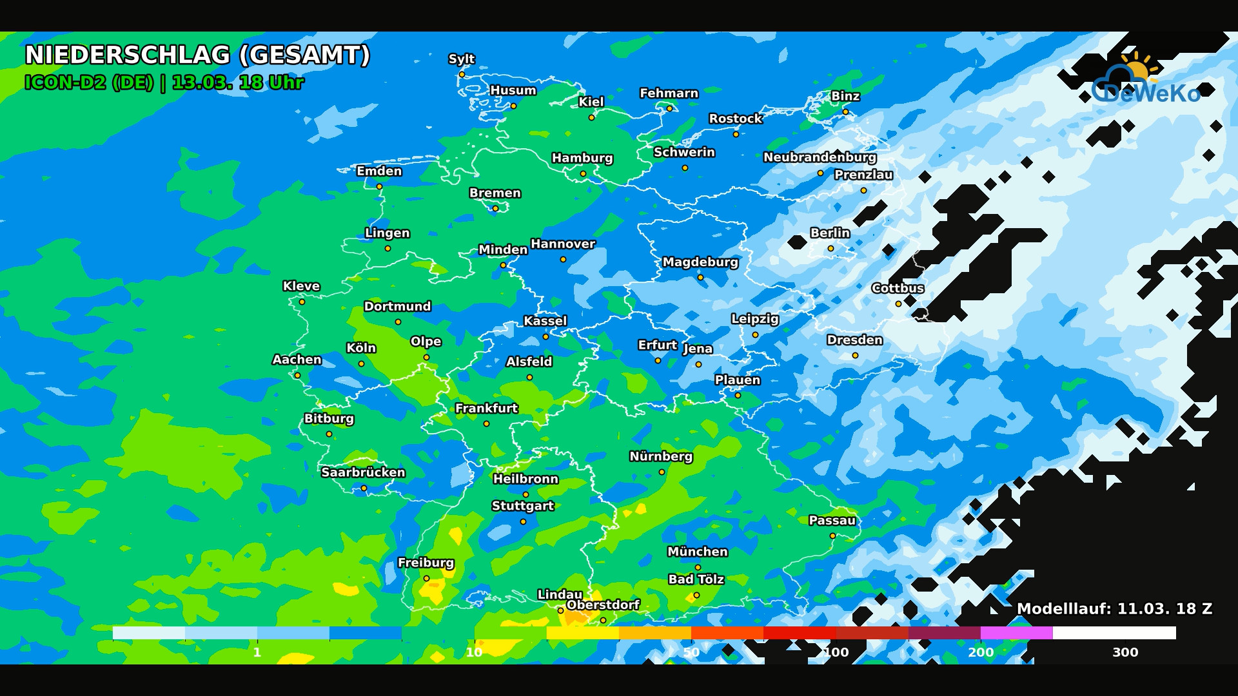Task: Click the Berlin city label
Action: point(830,233)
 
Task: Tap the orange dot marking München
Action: point(698,567)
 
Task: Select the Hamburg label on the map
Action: point(582,158)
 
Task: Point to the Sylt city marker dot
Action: point(462,75)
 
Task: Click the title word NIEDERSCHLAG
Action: point(128,55)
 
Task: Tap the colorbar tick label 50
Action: point(691,652)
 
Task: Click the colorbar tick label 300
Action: point(1125,652)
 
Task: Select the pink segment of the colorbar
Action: point(1016,633)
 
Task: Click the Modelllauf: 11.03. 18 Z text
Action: point(1114,609)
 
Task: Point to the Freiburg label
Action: point(426,563)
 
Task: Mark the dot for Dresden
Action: point(855,356)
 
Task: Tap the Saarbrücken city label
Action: point(363,472)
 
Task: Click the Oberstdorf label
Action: point(603,605)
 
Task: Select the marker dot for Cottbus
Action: point(898,304)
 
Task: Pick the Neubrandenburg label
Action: point(820,157)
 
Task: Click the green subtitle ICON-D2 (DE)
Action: point(89,82)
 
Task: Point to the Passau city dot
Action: point(832,536)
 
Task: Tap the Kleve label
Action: point(301,286)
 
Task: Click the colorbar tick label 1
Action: point(257,652)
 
